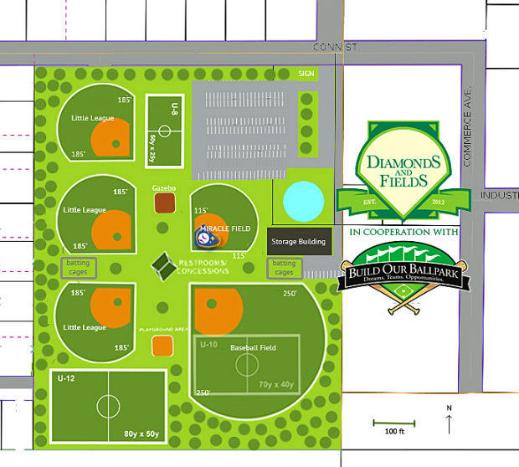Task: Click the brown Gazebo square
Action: pyautogui.click(x=165, y=203)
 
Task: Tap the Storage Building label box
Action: pyautogui.click(x=297, y=241)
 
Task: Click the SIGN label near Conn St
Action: pyautogui.click(x=306, y=74)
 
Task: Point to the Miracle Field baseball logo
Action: pyautogui.click(x=205, y=238)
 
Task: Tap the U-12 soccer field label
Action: pyautogui.click(x=66, y=378)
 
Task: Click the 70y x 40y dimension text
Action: pyautogui.click(x=277, y=385)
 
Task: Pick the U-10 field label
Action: pyautogui.click(x=209, y=344)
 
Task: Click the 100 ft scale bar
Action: pyautogui.click(x=389, y=421)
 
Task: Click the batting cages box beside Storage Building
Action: pyautogui.click(x=284, y=268)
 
